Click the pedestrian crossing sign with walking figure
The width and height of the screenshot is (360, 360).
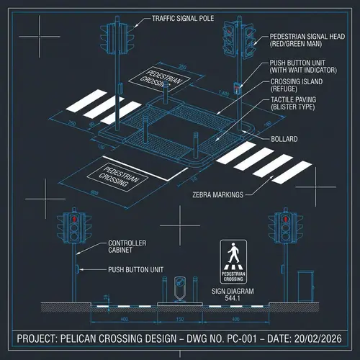233,261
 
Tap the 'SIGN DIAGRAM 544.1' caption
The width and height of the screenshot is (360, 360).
232,294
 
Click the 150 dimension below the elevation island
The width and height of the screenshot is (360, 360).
179,318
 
